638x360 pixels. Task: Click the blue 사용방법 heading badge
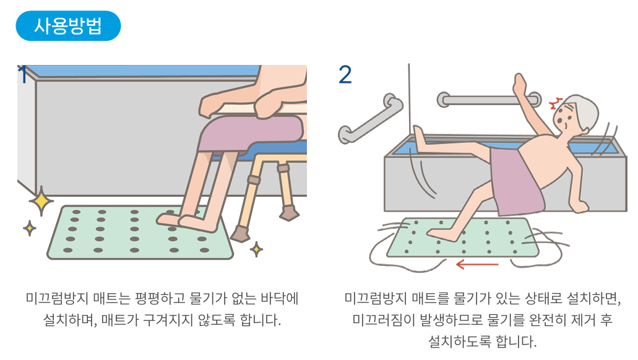(x=68, y=25)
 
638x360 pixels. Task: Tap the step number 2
(x=345, y=74)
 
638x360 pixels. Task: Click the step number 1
(x=23, y=74)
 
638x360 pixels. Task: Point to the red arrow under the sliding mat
(x=477, y=265)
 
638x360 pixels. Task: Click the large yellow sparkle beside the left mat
(x=41, y=201)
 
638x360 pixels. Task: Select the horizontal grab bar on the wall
(x=488, y=99)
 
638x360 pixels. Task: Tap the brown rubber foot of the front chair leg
(x=240, y=234)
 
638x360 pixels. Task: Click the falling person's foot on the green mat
(x=441, y=234)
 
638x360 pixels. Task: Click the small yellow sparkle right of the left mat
(x=256, y=249)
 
